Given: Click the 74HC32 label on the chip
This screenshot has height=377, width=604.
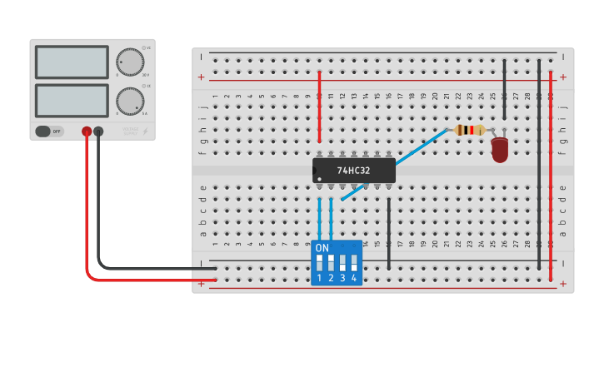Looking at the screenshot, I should (353, 171).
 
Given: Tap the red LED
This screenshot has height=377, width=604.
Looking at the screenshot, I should (500, 150).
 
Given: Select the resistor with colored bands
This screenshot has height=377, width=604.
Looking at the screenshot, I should (470, 129).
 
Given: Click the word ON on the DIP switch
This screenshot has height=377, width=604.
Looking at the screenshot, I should (322, 248).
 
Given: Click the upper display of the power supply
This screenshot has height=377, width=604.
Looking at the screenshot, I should (72, 62).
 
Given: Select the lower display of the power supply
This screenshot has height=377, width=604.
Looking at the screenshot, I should (72, 100).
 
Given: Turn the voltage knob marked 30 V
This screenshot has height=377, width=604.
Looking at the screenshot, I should (129, 62).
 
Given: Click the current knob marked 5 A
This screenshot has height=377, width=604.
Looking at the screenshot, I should (129, 101).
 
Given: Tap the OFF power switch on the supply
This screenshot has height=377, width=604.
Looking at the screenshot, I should (49, 131).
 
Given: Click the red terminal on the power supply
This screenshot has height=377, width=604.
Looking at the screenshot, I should (86, 131).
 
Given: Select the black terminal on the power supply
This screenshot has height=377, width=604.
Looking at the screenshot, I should (98, 131).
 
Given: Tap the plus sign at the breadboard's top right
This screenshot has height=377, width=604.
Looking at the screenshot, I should (563, 77).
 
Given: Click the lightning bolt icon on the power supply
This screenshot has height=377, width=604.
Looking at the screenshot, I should (146, 131).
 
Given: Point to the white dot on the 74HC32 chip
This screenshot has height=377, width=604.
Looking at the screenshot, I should (319, 179).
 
